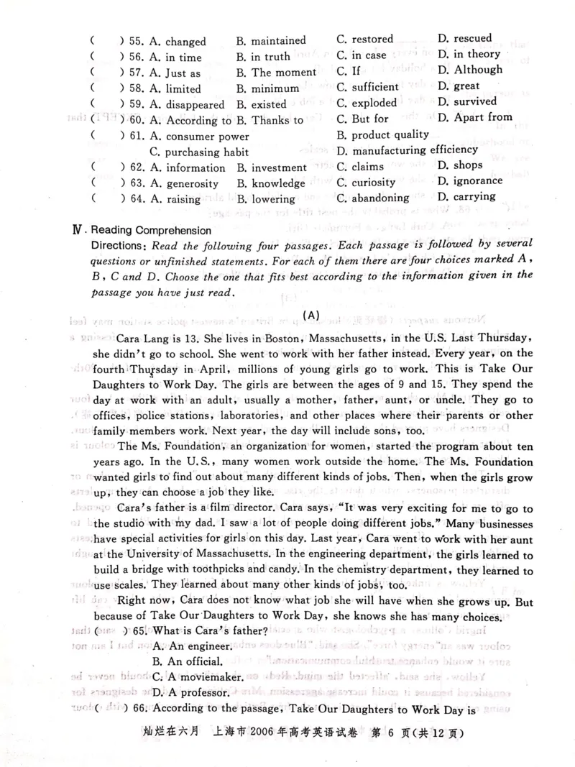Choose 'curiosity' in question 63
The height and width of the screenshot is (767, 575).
tap(374, 183)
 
